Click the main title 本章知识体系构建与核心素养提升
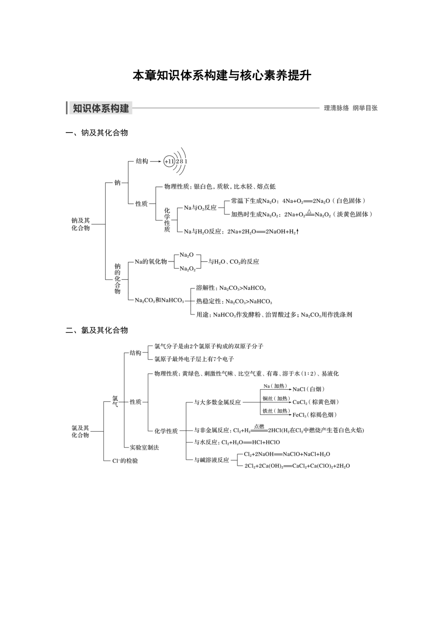[222, 76]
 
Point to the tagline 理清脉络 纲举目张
[350, 108]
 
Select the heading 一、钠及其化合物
[97, 133]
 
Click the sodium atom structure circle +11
[168, 162]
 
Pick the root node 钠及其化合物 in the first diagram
[81, 224]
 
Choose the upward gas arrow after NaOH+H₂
[298, 232]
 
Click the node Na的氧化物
[151, 261]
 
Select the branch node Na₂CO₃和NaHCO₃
[159, 300]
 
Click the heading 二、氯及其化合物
[97, 330]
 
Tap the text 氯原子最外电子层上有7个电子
[194, 359]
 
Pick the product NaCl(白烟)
[308, 389]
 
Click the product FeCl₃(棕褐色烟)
[315, 415]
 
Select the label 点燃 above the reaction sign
[259, 426]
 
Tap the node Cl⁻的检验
[125, 461]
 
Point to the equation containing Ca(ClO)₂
[297, 466]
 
